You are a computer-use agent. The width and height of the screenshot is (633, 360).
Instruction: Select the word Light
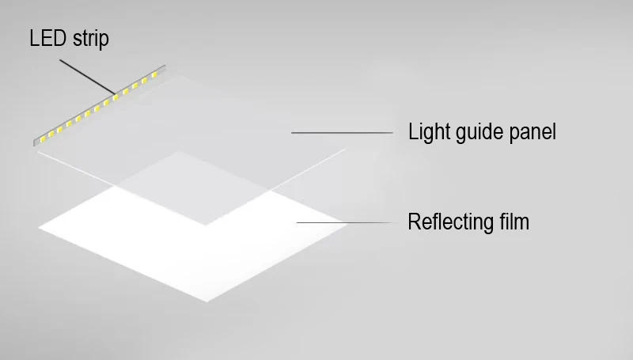coord(428,131)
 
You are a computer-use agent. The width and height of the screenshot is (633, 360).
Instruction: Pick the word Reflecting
coord(447,222)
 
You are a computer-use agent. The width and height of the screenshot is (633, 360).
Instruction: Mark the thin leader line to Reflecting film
coord(345,222)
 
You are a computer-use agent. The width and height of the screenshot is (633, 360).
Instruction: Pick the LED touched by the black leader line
coord(116,97)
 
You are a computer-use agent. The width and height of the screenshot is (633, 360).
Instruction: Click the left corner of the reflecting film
coord(40,228)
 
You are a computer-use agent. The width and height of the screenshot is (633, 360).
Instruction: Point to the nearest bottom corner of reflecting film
coord(207,303)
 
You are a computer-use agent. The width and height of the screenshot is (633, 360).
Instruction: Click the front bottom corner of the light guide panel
coord(206,225)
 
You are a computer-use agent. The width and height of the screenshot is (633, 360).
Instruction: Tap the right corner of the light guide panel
coord(346,149)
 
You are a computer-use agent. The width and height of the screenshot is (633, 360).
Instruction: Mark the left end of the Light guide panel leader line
coord(292,132)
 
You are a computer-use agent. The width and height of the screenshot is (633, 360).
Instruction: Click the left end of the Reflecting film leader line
coord(298,222)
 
